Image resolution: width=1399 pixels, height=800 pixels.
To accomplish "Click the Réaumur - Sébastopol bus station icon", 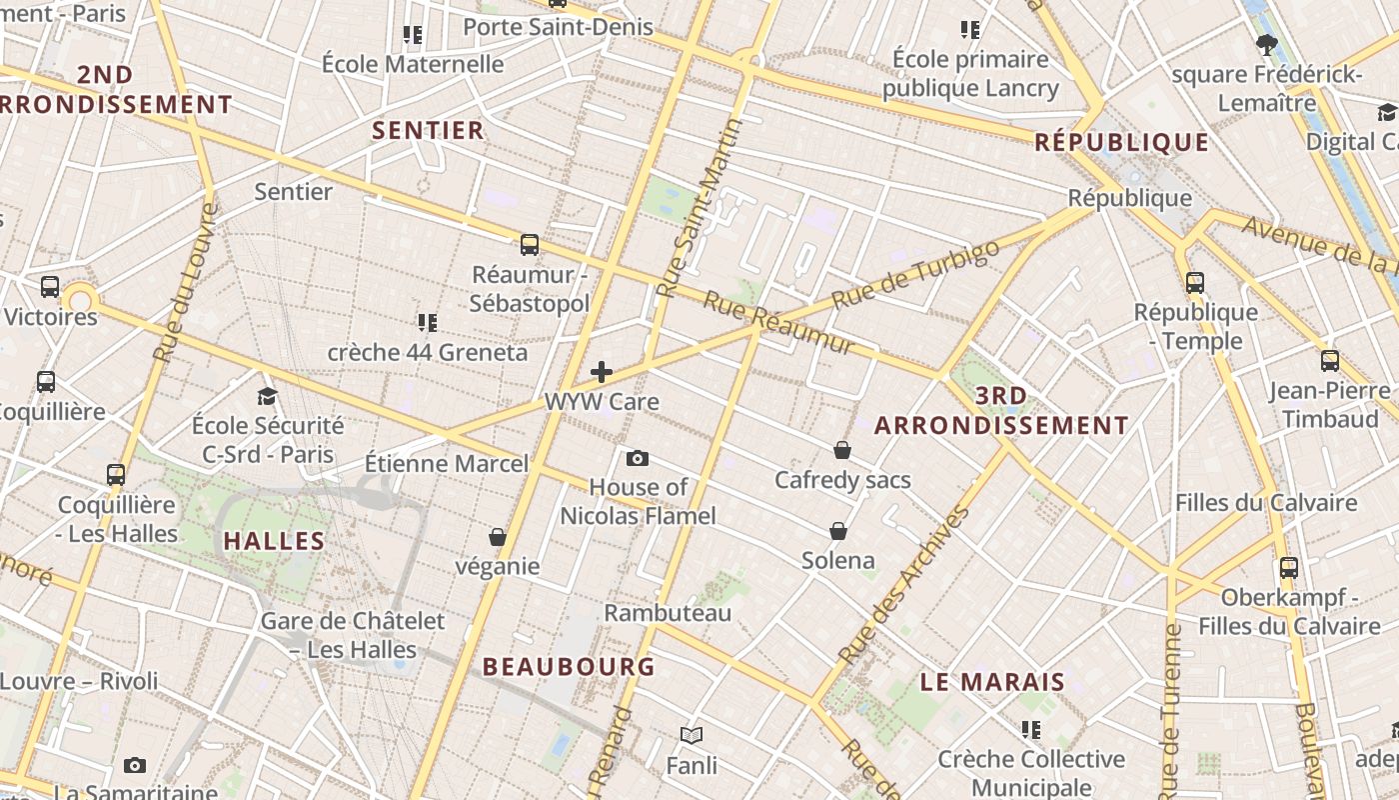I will (x=530, y=244).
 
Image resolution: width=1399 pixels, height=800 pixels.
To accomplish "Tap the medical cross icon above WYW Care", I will (x=602, y=372).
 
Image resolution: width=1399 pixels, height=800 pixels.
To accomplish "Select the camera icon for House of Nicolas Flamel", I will (x=638, y=459).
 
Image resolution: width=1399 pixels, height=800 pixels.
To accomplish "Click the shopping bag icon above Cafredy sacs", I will (x=842, y=450).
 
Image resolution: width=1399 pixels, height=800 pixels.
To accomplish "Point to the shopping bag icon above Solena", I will (x=838, y=530).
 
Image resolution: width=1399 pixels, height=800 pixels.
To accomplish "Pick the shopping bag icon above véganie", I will (x=498, y=537).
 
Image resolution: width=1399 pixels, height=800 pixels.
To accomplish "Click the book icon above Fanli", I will (x=692, y=736).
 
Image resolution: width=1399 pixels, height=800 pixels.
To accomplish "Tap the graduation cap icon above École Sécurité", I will (x=267, y=396).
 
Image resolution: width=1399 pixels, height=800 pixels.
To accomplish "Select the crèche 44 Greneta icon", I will (x=428, y=322).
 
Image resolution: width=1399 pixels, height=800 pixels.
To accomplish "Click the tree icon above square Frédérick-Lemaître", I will (x=1267, y=44).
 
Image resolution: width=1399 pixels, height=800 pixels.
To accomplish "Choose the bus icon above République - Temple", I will (x=1195, y=282).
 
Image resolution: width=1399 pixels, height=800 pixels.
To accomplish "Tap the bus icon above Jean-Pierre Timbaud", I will (x=1330, y=360).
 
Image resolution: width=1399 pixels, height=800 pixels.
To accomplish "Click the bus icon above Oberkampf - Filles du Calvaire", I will (x=1289, y=568).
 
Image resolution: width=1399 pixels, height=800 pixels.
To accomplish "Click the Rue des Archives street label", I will (x=905, y=586).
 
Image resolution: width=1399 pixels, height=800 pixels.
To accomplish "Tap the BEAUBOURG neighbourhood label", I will (x=569, y=666).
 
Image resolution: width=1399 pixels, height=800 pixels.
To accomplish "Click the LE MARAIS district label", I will (x=992, y=682).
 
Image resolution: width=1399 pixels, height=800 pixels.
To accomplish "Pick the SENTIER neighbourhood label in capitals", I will (x=428, y=130).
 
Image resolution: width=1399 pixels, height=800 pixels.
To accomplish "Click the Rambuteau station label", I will (x=668, y=612).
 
